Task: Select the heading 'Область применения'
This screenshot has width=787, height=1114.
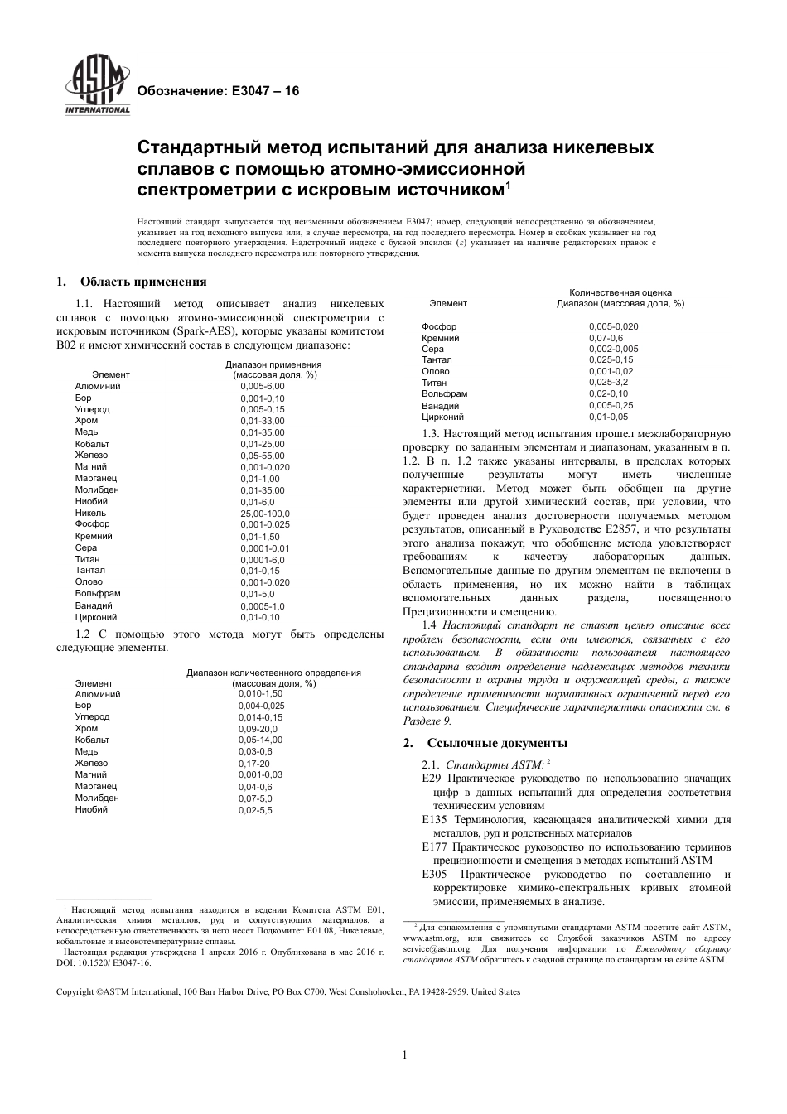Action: click(143, 282)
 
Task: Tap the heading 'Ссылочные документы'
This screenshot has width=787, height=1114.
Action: click(497, 742)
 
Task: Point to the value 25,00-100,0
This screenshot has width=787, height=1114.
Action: click(265, 513)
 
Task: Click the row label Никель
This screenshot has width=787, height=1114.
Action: click(90, 513)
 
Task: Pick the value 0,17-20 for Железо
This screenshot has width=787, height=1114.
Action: click(254, 763)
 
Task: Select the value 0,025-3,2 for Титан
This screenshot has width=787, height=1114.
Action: click(608, 383)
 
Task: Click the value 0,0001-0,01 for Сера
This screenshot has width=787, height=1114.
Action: click(265, 547)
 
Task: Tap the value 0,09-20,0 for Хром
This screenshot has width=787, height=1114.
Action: click(258, 729)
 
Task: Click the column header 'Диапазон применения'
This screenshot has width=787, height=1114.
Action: click(273, 364)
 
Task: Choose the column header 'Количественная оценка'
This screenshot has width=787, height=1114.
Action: click(620, 292)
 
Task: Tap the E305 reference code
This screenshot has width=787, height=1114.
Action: click(434, 875)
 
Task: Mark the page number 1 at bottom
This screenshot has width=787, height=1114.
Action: click(404, 1054)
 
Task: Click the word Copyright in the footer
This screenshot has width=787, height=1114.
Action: click(75, 992)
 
